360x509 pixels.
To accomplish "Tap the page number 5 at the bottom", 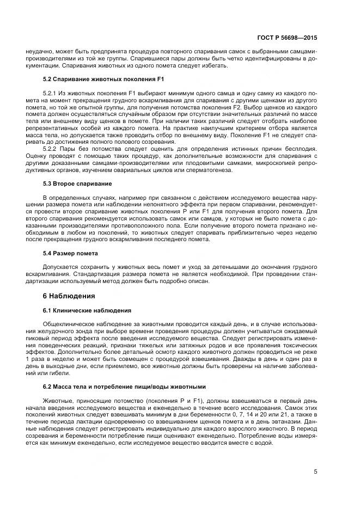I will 316,471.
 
